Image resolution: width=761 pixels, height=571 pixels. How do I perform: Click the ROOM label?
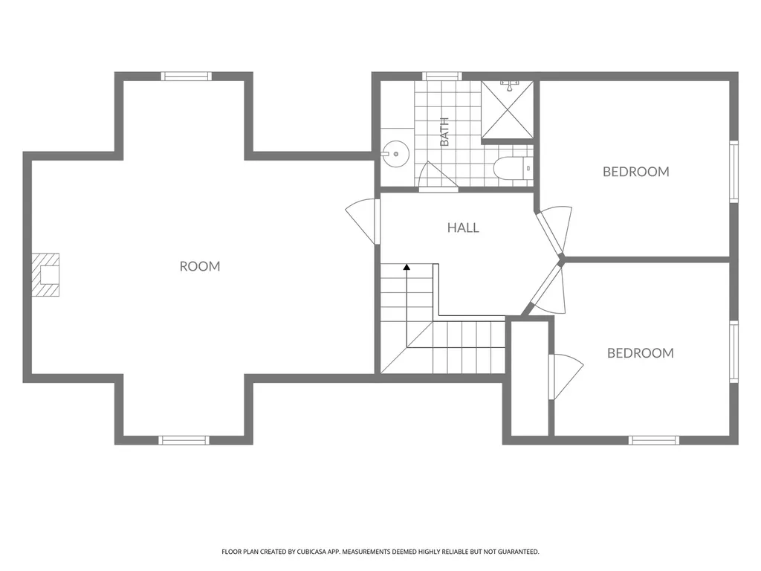coord(200,266)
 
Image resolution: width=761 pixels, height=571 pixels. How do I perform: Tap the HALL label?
coord(464,228)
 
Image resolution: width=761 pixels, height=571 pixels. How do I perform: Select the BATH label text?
coord(444,132)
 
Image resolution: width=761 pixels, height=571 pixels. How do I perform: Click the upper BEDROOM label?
coord(636,172)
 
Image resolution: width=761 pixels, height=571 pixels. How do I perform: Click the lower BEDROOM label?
coord(641,353)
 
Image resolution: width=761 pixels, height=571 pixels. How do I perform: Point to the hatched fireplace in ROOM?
coord(45,275)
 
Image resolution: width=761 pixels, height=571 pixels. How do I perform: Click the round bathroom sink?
coord(395,155)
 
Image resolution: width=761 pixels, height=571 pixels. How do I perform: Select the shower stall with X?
coord(507,110)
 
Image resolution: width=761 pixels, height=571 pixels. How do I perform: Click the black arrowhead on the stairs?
coord(407,267)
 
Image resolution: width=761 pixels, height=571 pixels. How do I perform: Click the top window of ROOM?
coord(187,77)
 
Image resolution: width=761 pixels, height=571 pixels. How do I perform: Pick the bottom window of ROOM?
coord(184,440)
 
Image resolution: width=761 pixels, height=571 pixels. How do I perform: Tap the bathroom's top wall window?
coord(441,77)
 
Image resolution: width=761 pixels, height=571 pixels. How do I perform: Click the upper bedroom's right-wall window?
coord(734,172)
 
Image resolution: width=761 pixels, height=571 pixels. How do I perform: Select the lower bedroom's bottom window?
coord(654,440)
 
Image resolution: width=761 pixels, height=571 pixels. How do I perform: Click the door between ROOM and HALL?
coord(363,222)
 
